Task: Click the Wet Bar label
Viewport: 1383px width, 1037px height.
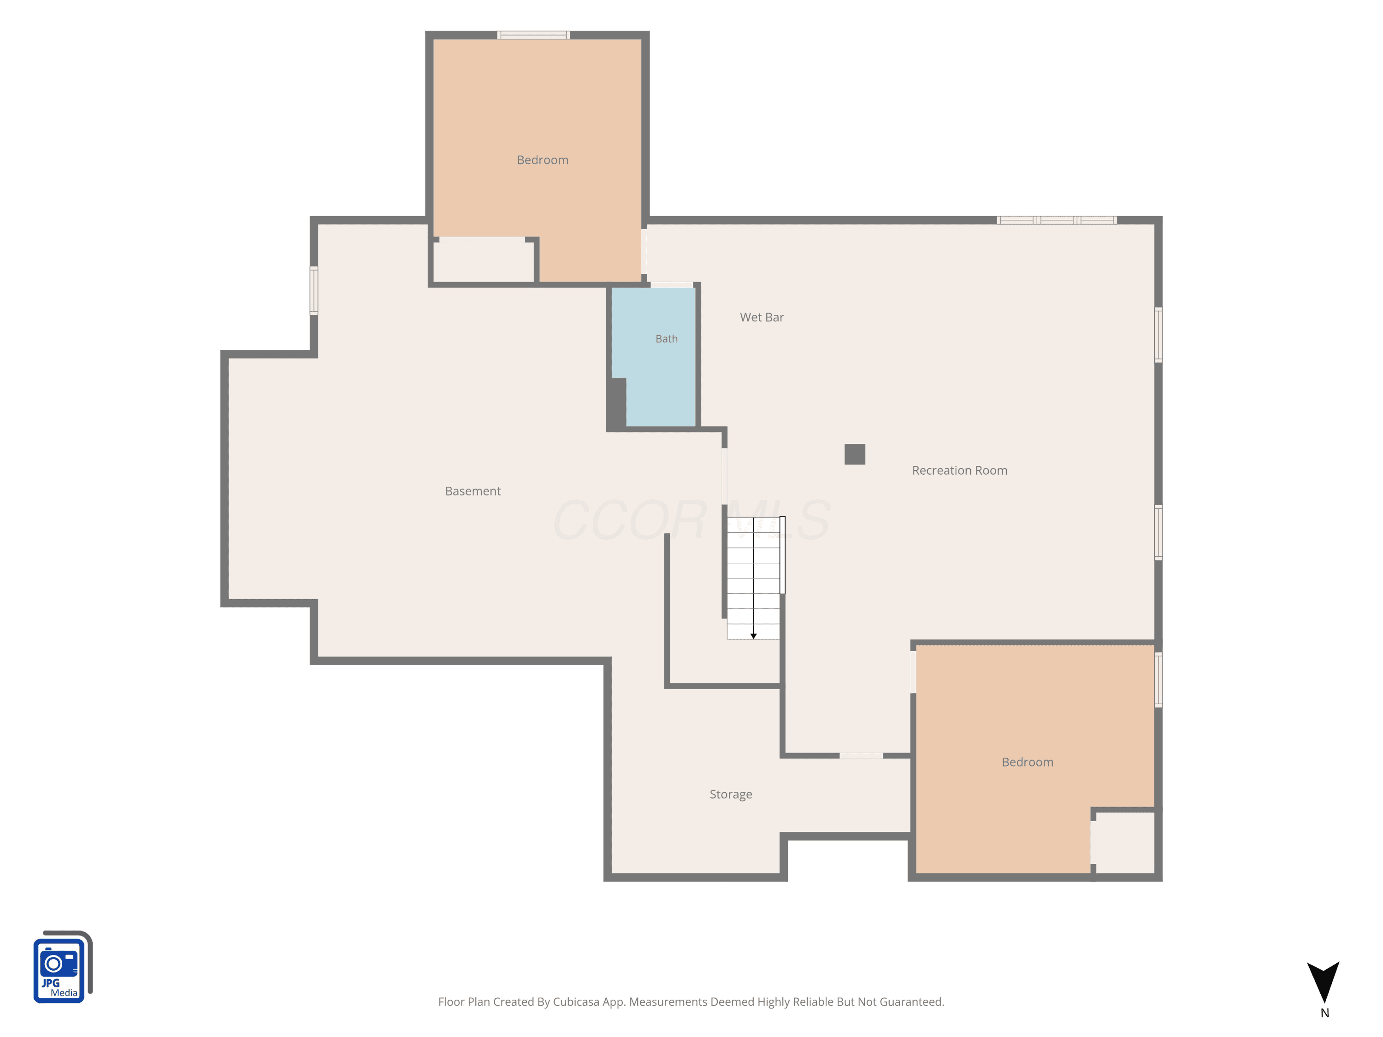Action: point(762,318)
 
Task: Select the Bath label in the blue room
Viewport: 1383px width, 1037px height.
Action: point(667,339)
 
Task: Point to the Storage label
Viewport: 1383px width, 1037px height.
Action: point(731,795)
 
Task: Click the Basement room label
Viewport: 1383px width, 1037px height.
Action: point(473,491)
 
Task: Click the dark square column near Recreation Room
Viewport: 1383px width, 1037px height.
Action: point(855,454)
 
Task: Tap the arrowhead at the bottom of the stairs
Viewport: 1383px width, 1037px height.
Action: point(753,636)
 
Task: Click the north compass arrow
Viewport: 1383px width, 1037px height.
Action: point(1324,981)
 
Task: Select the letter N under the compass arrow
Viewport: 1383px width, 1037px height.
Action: point(1324,1013)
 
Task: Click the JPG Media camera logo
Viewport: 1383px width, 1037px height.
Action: point(63,967)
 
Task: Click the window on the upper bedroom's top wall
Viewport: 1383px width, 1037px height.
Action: point(533,35)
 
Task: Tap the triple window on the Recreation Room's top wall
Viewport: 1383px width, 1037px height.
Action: point(1057,220)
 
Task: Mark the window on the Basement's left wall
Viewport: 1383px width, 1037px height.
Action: point(314,291)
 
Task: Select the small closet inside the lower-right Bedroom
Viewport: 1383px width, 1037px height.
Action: point(1125,843)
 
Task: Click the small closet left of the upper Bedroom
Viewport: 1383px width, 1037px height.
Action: point(483,262)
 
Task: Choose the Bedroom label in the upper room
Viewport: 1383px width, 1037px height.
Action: point(543,160)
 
